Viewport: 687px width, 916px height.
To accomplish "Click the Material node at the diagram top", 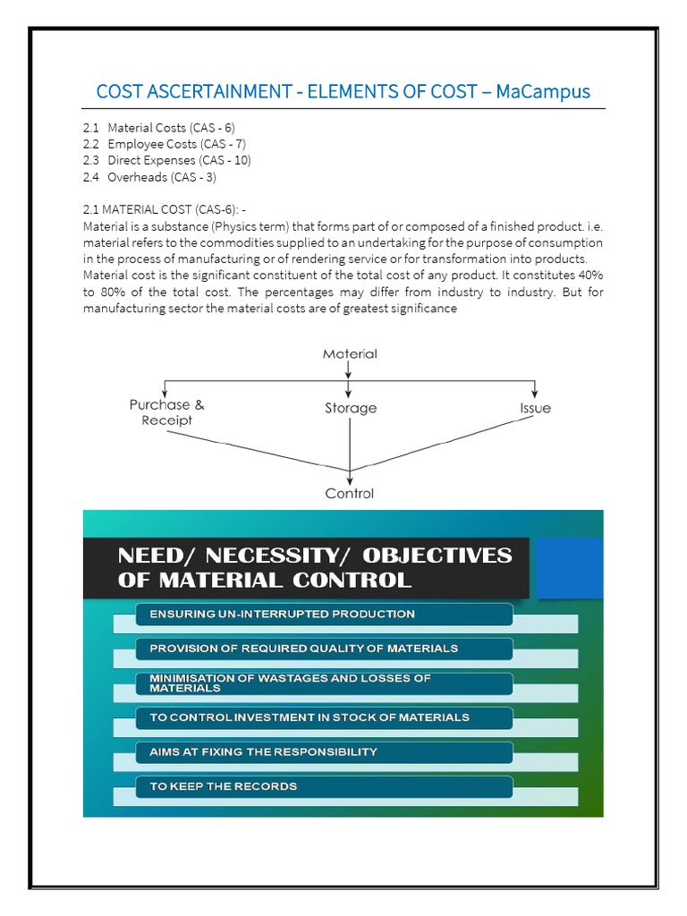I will point(350,353).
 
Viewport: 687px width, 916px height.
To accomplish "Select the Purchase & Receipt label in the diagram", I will point(166,412).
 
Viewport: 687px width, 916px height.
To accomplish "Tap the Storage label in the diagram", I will point(350,408).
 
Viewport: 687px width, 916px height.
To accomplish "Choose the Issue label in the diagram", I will point(535,408).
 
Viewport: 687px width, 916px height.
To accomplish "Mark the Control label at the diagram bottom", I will point(350,493).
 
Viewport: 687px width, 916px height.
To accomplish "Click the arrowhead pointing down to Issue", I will point(535,394).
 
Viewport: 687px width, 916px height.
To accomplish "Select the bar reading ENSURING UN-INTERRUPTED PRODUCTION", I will point(324,615).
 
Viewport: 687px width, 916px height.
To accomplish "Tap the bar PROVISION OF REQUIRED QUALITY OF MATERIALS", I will point(324,648).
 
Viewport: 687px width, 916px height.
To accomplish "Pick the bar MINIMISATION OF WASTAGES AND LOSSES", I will point(324,683).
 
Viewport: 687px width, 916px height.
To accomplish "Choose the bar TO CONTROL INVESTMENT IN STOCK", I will point(324,717).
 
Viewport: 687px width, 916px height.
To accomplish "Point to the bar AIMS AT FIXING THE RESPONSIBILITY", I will point(324,751).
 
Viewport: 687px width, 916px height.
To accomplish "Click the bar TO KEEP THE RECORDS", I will point(324,786).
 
